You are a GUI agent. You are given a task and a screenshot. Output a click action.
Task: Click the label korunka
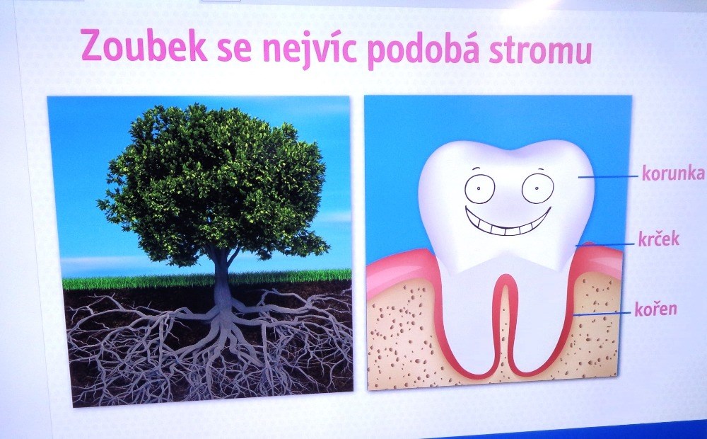tap(673, 173)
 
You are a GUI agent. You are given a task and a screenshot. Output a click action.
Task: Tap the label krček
tap(658, 239)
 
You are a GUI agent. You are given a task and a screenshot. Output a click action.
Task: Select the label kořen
tap(655, 308)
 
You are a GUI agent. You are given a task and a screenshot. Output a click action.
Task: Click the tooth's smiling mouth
tap(508, 222)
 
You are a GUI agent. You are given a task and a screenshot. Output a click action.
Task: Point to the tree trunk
tap(222, 279)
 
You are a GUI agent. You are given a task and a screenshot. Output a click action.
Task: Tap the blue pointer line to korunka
tap(609, 176)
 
